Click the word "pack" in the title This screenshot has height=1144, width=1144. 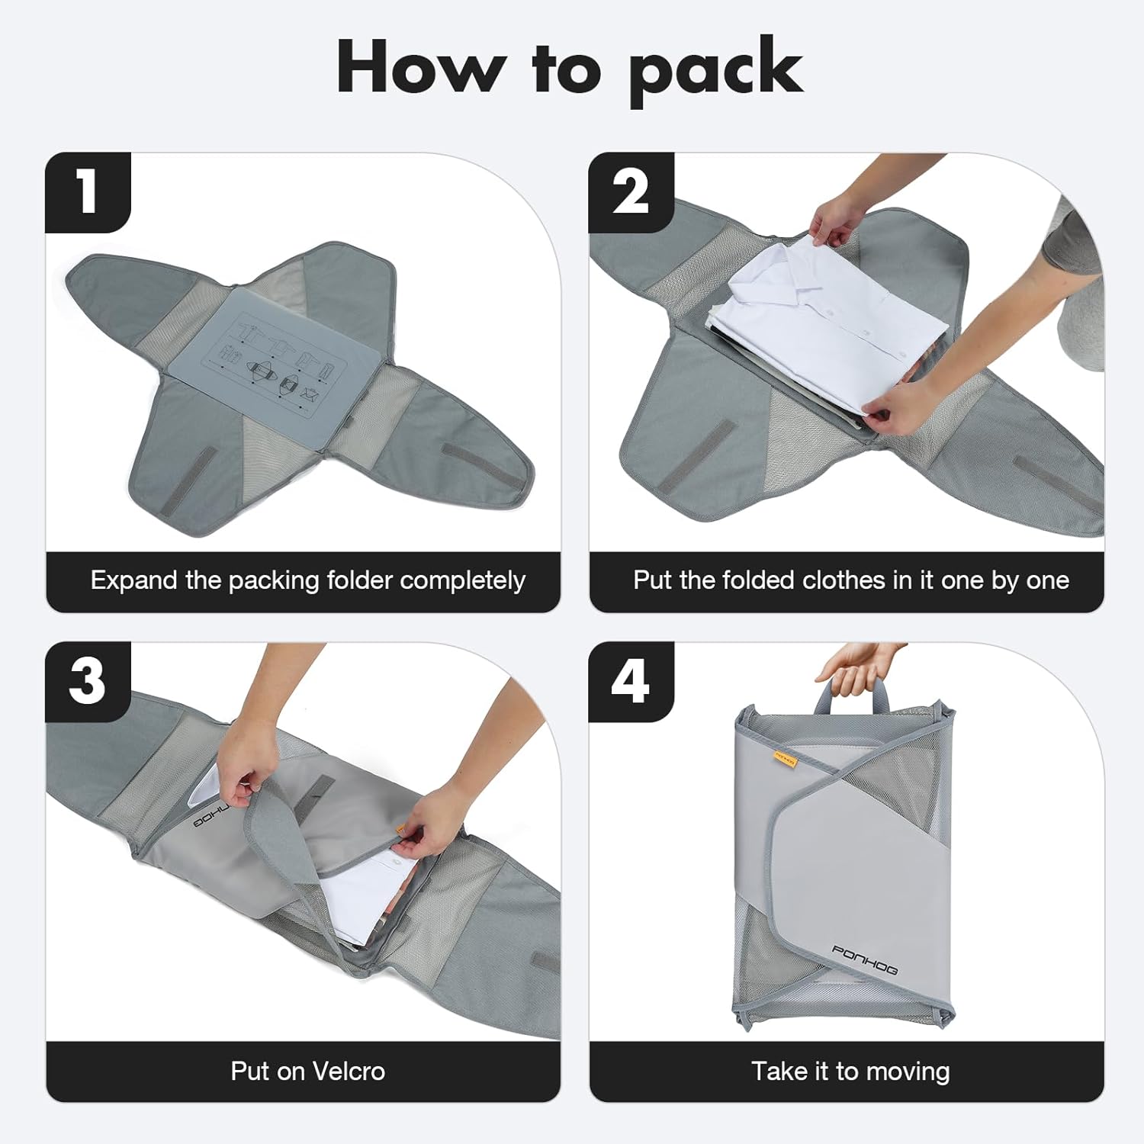tap(715, 70)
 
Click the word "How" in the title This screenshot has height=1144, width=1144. tap(421, 69)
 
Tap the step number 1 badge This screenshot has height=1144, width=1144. tap(88, 192)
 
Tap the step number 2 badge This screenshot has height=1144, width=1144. tap(631, 192)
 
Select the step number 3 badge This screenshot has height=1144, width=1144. tap(88, 681)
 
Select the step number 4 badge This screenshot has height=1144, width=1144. tap(631, 681)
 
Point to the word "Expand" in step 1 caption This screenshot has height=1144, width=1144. tap(133, 581)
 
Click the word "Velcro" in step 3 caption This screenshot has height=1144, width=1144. tap(349, 1072)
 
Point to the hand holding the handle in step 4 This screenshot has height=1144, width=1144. tap(858, 664)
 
